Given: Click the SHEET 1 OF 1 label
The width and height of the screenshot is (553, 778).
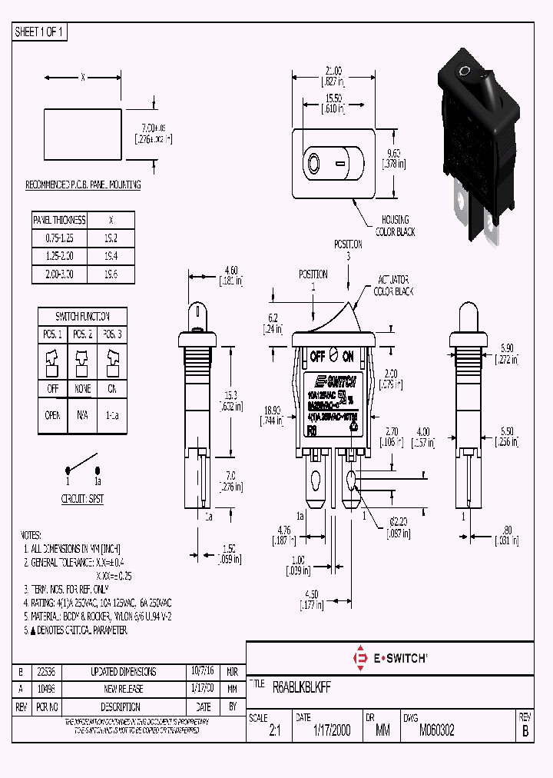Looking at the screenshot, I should (x=40, y=32).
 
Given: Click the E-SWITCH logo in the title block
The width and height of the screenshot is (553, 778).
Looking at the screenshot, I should (x=390, y=658).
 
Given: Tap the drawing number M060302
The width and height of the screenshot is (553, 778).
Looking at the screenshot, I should (x=437, y=731).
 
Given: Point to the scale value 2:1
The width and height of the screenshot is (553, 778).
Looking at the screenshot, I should (x=275, y=732).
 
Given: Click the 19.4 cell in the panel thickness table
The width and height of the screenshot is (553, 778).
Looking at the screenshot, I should (x=111, y=256).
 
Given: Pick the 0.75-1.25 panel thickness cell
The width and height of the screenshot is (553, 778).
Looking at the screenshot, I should (x=58, y=238).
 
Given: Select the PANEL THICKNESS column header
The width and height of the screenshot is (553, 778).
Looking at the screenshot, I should (x=58, y=220).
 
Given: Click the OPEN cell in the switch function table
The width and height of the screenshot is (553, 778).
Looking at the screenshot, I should (x=53, y=414).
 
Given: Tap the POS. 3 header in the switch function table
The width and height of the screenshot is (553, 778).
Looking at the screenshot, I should (x=112, y=334).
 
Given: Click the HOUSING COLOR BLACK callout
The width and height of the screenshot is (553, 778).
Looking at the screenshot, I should (x=392, y=225).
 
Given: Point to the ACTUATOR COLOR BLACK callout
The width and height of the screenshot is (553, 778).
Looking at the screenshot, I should (x=394, y=285).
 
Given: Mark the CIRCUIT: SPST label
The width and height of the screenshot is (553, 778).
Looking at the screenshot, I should (x=82, y=498).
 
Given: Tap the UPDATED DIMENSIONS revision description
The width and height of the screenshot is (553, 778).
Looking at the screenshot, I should (x=123, y=672).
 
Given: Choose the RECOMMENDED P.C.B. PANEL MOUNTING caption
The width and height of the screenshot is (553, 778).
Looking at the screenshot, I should (x=83, y=185).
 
